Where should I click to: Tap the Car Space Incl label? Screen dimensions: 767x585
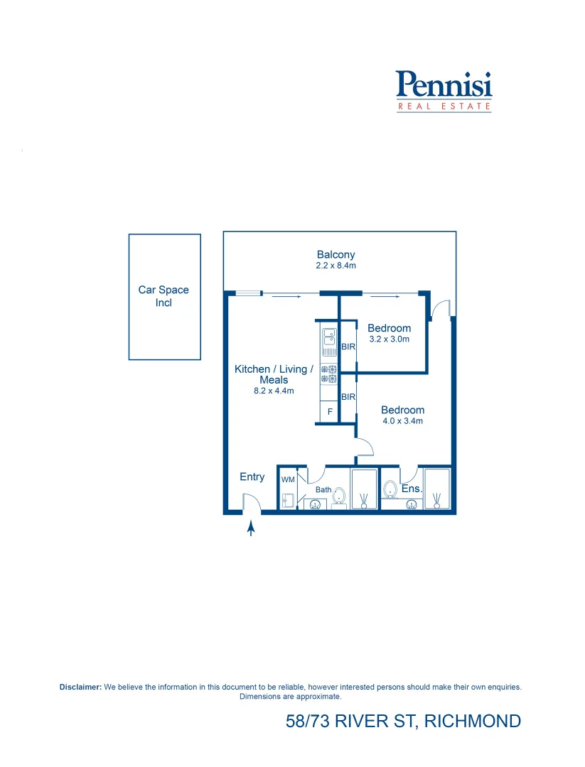[x=163, y=296]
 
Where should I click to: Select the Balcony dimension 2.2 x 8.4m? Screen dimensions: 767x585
[x=336, y=266]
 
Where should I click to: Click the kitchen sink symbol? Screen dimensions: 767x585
[x=328, y=341]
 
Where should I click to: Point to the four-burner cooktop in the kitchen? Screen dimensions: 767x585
[x=328, y=374]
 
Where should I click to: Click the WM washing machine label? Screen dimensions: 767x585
[x=287, y=480]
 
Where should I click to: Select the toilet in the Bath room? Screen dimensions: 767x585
[x=340, y=496]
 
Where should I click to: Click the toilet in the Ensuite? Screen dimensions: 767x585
[x=390, y=489]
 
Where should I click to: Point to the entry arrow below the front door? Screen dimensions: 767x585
[x=250, y=528]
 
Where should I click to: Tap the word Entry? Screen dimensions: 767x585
[x=252, y=477]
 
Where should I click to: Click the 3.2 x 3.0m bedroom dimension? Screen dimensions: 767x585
[x=389, y=339]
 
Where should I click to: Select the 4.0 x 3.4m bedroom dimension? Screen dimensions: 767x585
[x=402, y=421]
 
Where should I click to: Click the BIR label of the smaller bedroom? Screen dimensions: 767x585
[x=348, y=347]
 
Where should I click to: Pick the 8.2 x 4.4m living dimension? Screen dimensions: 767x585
[x=274, y=391]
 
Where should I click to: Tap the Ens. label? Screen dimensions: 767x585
[x=412, y=489]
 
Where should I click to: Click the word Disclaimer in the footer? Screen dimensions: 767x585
[x=81, y=687]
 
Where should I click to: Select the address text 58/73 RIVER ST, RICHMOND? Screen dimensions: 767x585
[x=403, y=722]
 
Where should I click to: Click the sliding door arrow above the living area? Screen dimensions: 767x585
[x=281, y=296]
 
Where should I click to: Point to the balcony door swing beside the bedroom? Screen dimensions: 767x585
[x=441, y=309]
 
